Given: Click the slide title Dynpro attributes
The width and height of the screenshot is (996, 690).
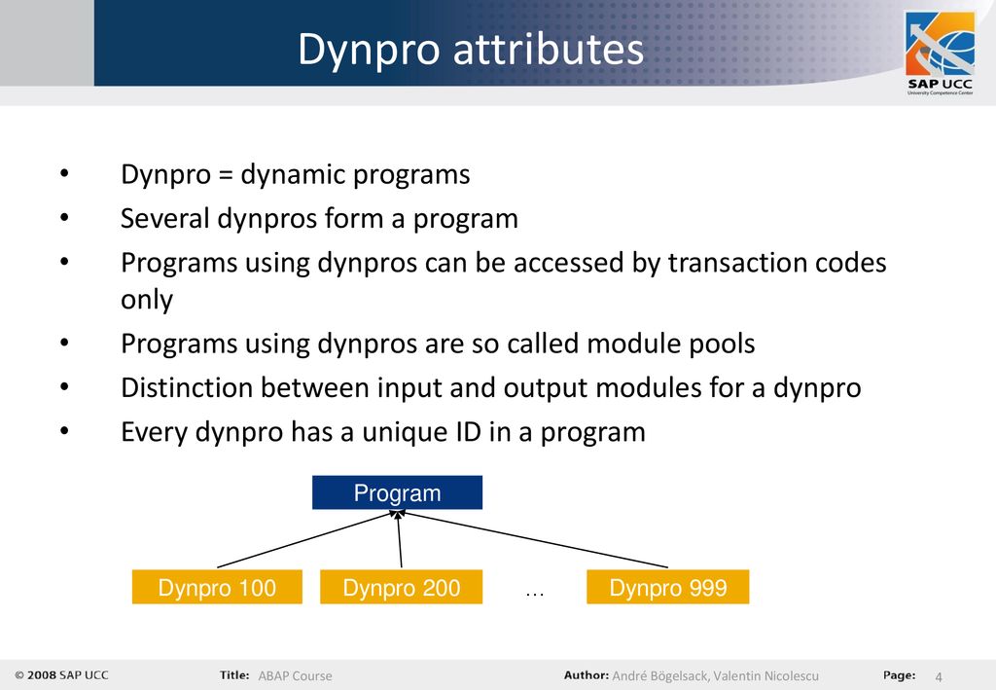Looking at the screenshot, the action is [x=471, y=50].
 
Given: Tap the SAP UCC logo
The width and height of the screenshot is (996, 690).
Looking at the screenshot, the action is [x=941, y=54].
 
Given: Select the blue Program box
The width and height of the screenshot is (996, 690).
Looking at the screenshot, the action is [x=397, y=492].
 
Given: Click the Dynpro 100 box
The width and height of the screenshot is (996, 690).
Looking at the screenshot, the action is [x=217, y=587].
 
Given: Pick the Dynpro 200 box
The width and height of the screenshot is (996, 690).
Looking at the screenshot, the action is [x=402, y=587].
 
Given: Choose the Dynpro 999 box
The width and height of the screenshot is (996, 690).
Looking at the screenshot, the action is [x=667, y=587].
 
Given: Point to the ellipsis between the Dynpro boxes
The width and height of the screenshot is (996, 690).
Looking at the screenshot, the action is [x=535, y=595].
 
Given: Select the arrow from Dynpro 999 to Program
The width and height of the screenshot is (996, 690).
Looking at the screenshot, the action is [x=532, y=539].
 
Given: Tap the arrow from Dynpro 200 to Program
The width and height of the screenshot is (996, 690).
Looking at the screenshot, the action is [x=400, y=539].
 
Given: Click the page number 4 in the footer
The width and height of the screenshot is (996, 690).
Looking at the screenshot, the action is [x=939, y=676].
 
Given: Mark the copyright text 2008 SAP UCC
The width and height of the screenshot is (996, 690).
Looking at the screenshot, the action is [x=61, y=675].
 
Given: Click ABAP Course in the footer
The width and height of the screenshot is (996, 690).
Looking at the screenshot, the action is [x=295, y=676].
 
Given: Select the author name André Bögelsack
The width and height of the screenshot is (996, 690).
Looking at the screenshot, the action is [x=659, y=676].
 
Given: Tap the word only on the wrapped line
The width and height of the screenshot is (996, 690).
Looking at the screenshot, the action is [x=147, y=300].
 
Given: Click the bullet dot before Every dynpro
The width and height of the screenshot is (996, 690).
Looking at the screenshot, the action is [x=64, y=431].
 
